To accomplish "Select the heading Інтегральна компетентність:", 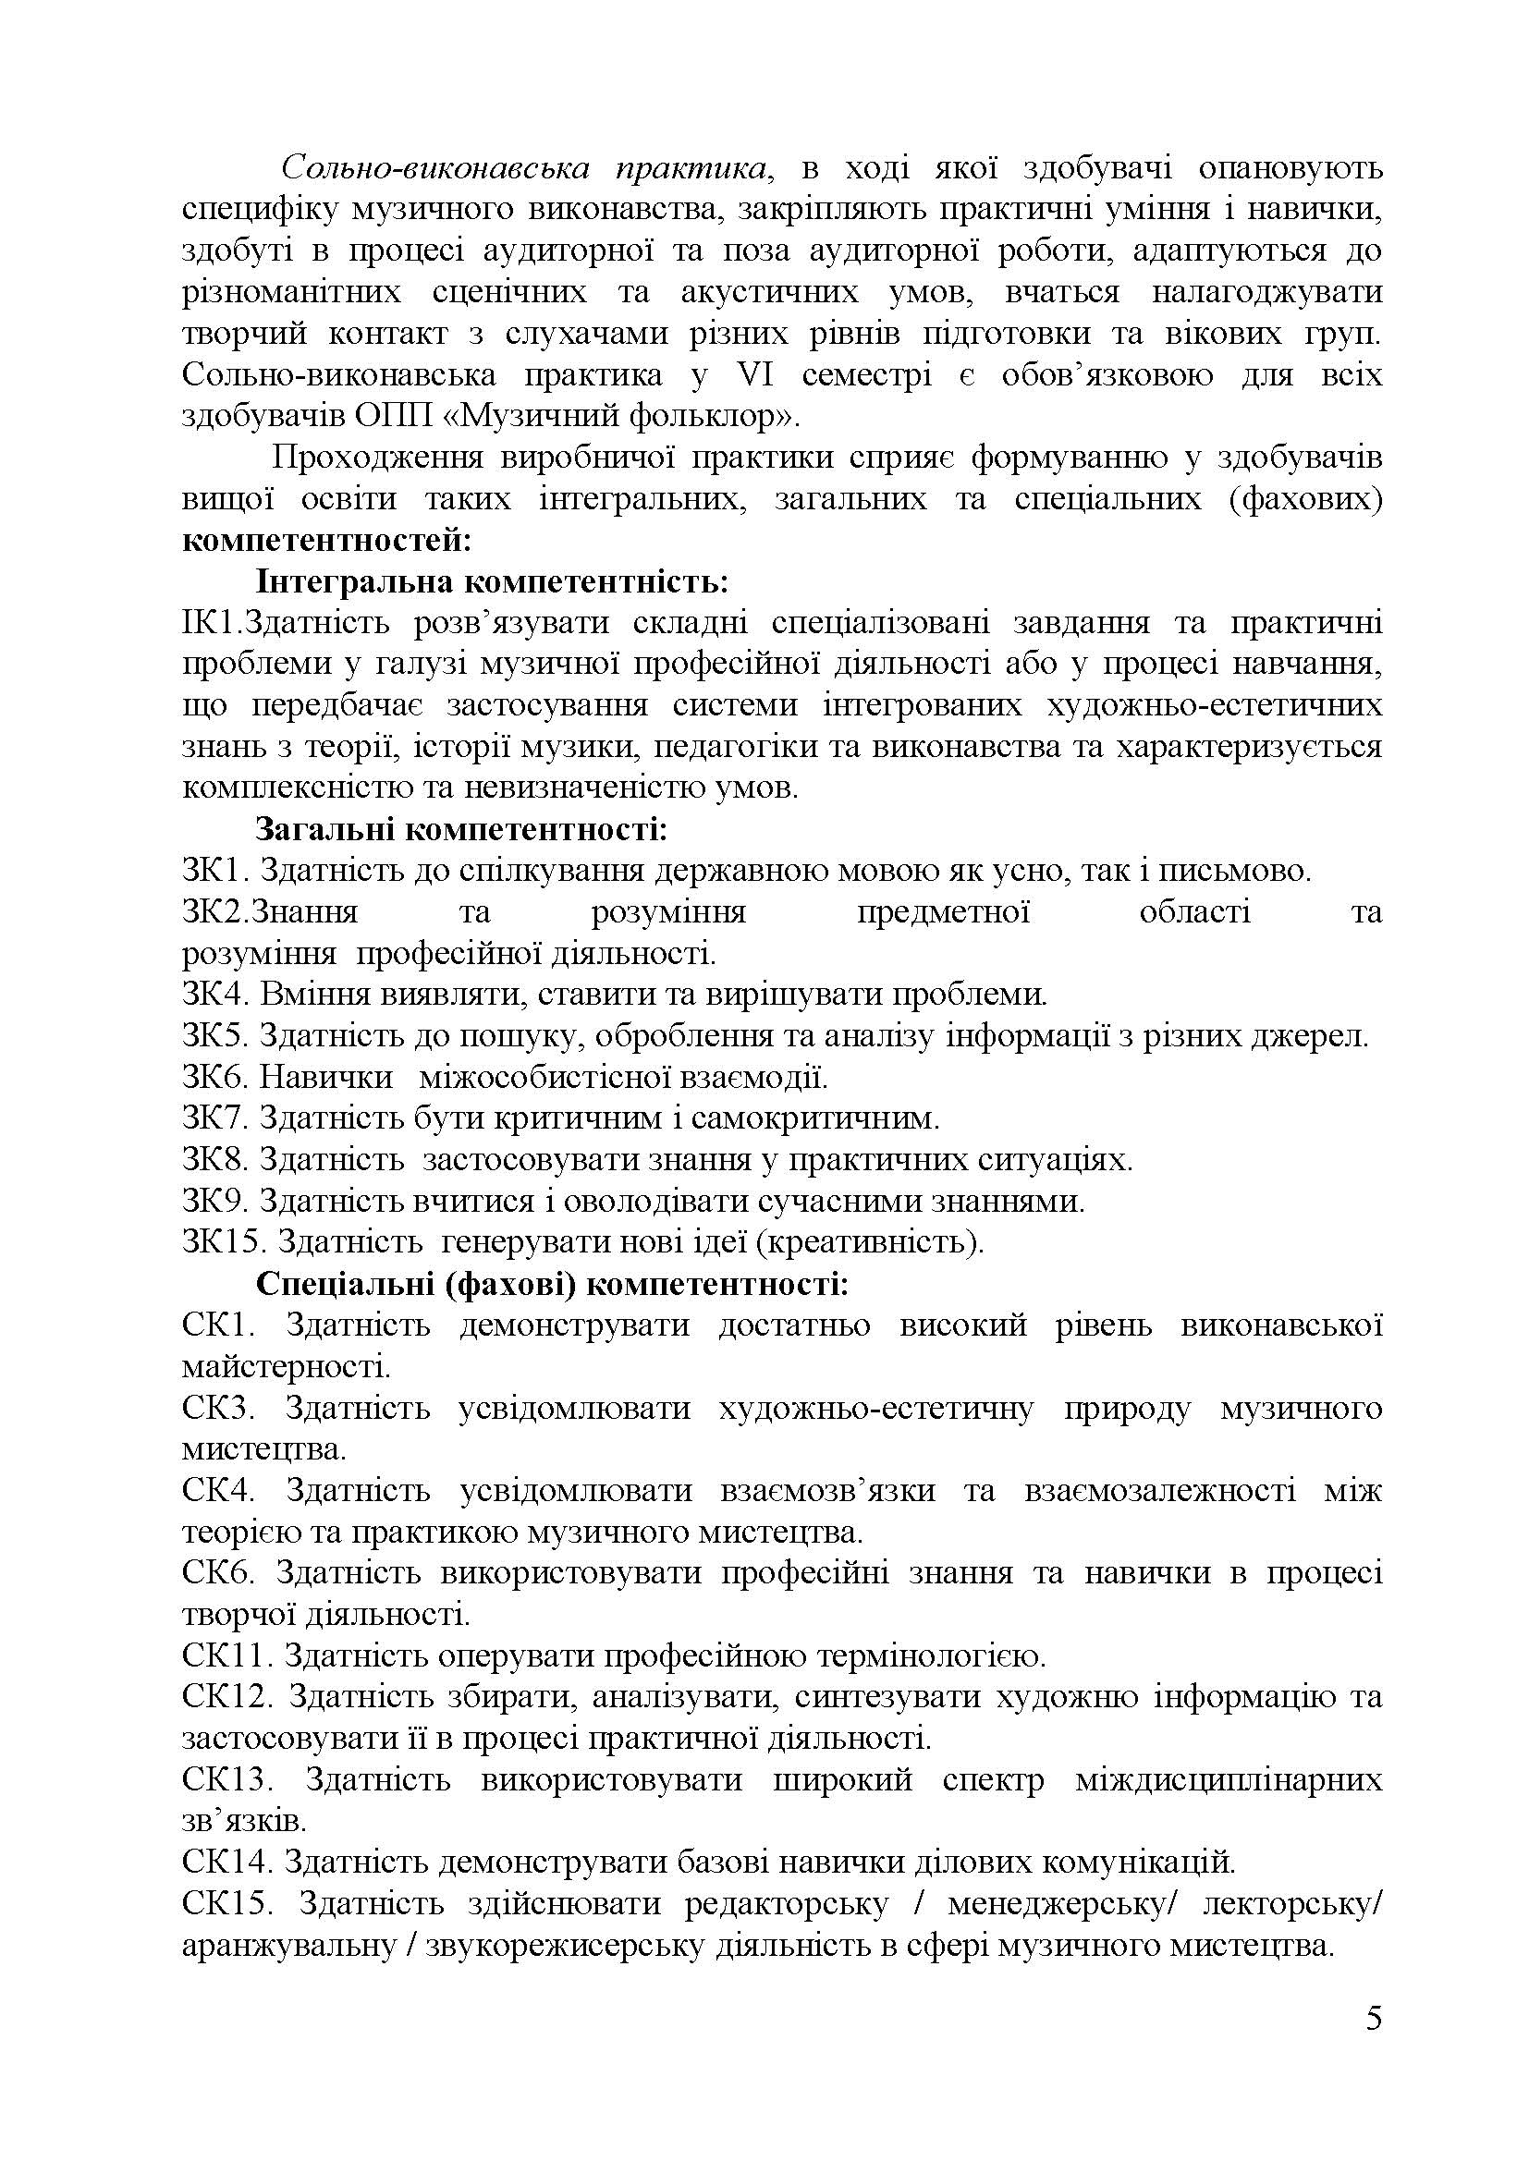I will click(x=493, y=582).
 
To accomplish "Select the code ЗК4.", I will click(x=214, y=995).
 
